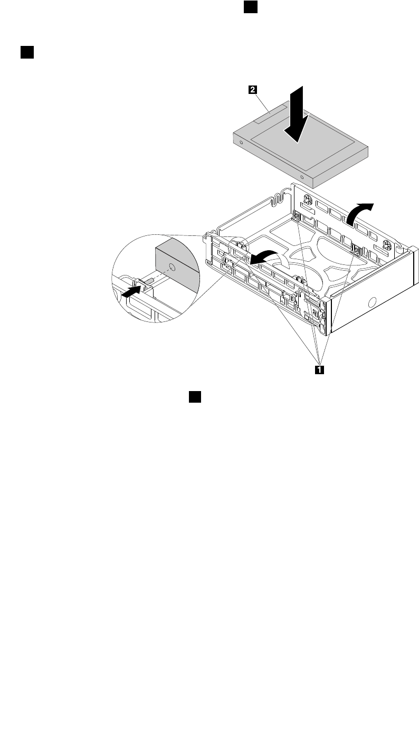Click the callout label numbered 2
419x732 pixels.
[x=253, y=90]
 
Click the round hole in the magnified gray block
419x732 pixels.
[x=172, y=267]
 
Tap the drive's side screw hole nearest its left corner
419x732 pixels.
[x=241, y=142]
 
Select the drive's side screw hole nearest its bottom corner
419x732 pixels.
[x=302, y=176]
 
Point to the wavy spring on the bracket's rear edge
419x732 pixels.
[x=278, y=199]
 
